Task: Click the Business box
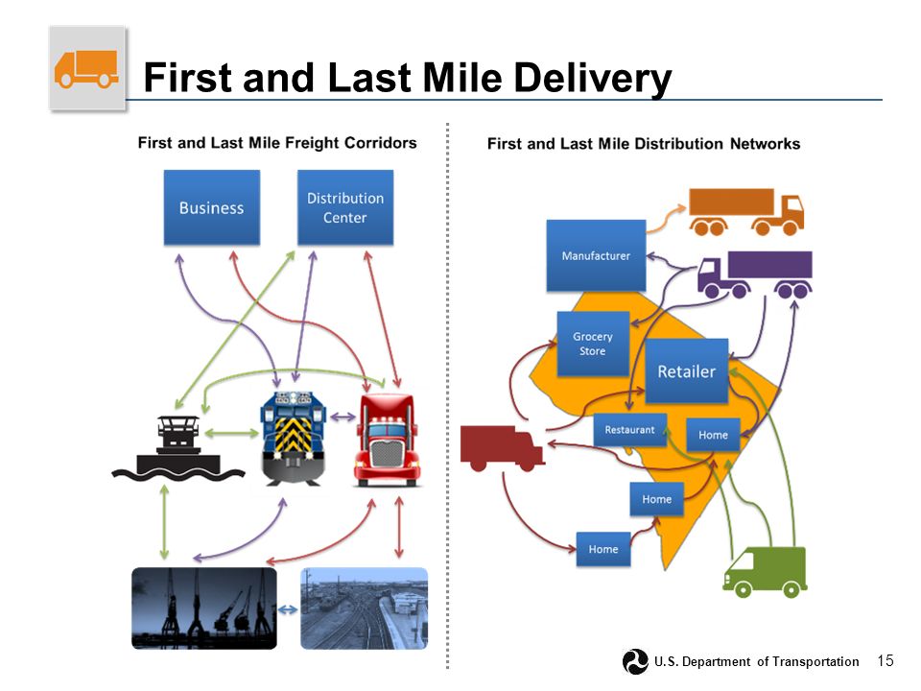pos(211,207)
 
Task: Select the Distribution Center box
pos(345,207)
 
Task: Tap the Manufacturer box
pos(596,255)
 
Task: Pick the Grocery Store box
pos(593,344)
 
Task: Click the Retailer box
pos(687,370)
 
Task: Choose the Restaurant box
pos(629,430)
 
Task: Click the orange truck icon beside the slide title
pos(87,69)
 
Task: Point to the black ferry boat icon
pos(178,449)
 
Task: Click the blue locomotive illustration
pos(294,439)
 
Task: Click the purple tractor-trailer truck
pos(755,274)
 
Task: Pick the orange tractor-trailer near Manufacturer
pos(746,211)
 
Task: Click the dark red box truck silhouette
pos(502,448)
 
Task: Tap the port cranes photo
pos(204,608)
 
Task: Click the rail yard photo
pos(365,608)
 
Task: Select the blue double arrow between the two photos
pos(288,610)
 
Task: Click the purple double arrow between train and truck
pos(343,417)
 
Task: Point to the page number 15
pos(886,660)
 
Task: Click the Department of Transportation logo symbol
pos(635,661)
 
